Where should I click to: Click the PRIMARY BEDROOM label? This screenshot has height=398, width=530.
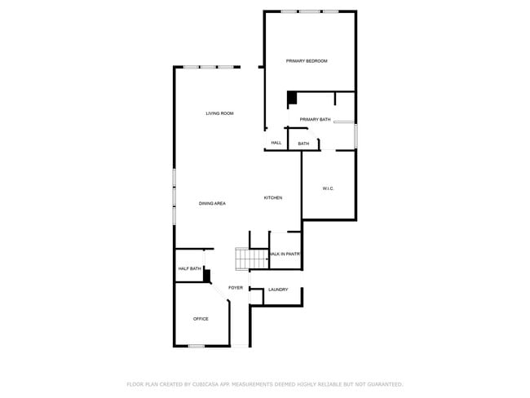pyautogui.click(x=307, y=61)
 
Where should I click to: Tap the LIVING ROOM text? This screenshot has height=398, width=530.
pyautogui.click(x=219, y=113)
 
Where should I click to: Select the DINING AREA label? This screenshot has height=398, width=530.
pyautogui.click(x=212, y=203)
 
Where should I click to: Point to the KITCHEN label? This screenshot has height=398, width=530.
pyautogui.click(x=273, y=198)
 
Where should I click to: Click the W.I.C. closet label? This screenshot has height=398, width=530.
pyautogui.click(x=329, y=188)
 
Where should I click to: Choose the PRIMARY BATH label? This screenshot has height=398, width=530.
pyautogui.click(x=315, y=120)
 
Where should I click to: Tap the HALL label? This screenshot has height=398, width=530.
pyautogui.click(x=276, y=144)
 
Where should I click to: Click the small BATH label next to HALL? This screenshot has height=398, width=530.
pyautogui.click(x=303, y=144)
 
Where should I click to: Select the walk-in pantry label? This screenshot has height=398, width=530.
pyautogui.click(x=285, y=254)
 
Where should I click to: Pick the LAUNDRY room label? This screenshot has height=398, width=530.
pyautogui.click(x=278, y=290)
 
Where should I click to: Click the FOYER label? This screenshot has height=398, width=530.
pyautogui.click(x=236, y=288)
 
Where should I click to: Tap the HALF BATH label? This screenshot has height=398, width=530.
pyautogui.click(x=189, y=268)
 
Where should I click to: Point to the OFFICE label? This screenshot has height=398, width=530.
pyautogui.click(x=201, y=319)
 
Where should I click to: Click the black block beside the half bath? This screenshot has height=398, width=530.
pyautogui.click(x=207, y=276)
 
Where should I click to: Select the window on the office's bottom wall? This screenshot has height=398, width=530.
pyautogui.click(x=197, y=347)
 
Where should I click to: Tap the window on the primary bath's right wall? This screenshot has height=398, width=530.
pyautogui.click(x=356, y=135)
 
